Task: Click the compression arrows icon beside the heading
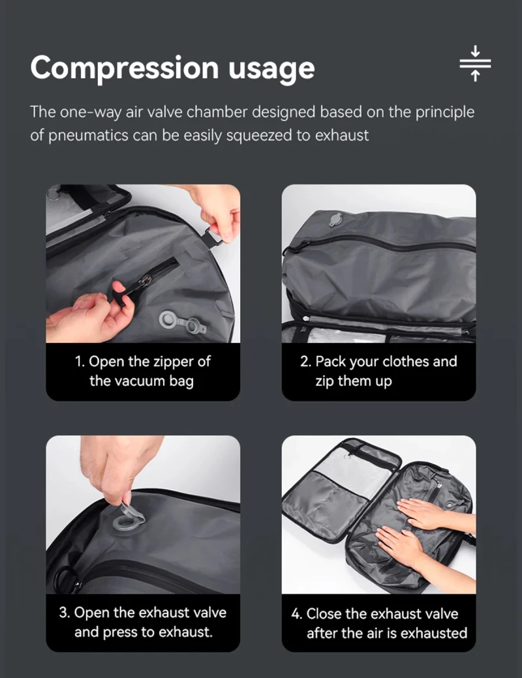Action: pos(475,63)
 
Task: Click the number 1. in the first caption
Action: pos(80,361)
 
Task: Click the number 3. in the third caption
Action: pos(65,613)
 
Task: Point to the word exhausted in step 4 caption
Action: pos(434,632)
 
